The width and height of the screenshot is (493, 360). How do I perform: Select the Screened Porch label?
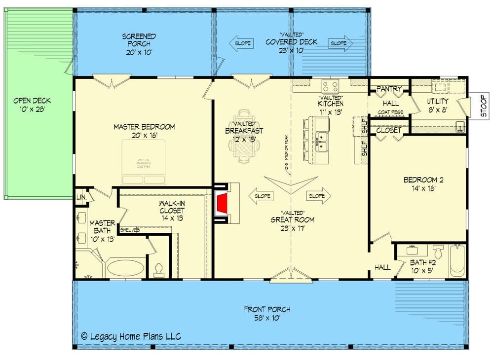point(139,40)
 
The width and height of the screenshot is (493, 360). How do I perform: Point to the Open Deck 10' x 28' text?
point(32,105)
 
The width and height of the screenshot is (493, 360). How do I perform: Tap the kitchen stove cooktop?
point(330,86)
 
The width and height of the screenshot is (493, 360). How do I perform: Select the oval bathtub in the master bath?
point(126,268)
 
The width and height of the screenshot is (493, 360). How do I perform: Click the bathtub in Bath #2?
point(457,261)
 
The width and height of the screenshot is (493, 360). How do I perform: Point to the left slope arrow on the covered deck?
point(241,43)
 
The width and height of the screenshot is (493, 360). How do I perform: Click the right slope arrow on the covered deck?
point(341,43)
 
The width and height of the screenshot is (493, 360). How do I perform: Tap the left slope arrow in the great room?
point(262,196)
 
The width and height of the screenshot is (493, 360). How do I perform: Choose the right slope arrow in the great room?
point(318,196)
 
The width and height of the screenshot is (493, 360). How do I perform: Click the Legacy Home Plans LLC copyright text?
point(131,336)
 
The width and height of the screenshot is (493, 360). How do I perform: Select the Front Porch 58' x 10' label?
point(267,314)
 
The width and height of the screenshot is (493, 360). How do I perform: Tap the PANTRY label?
point(389,89)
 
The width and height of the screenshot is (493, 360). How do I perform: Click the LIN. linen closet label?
point(81,197)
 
